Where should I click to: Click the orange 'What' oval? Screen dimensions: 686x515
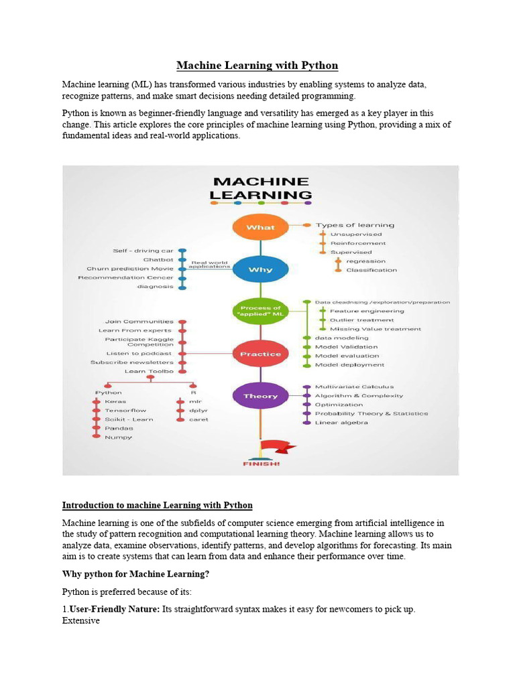[x=260, y=227]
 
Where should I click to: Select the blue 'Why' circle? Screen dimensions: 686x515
[x=260, y=269]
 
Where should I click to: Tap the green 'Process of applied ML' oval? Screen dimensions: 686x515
[x=260, y=311]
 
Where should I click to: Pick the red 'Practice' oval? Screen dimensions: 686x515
[x=260, y=353]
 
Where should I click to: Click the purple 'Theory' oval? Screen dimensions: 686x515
[x=260, y=396]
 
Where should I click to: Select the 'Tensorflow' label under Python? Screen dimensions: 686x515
[x=125, y=410]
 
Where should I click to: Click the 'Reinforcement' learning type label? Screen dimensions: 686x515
[x=357, y=243]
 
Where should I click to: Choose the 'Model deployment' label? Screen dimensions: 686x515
[x=349, y=365]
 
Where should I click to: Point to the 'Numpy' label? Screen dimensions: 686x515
[x=119, y=437]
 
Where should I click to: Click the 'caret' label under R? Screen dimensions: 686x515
[x=198, y=419]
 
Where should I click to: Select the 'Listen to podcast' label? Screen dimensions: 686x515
[x=139, y=353]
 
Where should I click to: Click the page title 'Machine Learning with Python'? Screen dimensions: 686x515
[x=257, y=66]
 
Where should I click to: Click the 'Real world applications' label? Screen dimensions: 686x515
[x=211, y=265]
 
